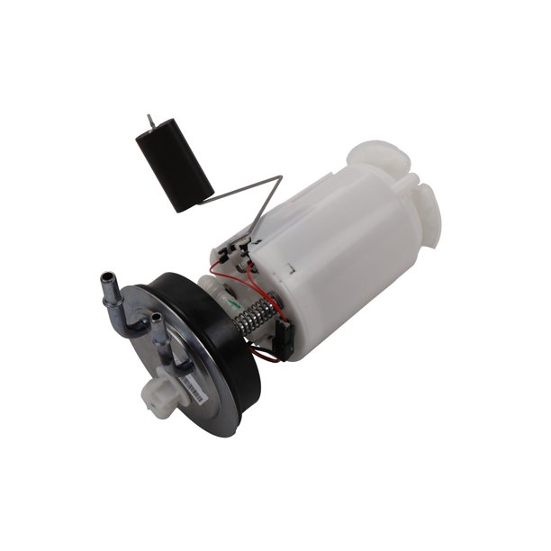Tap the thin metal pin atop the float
150,121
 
